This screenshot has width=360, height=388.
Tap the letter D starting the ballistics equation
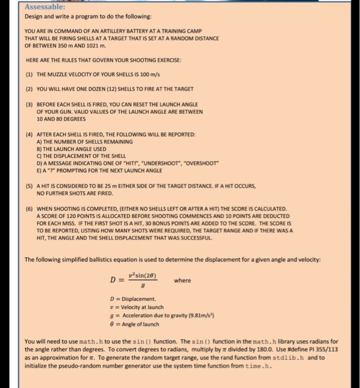(x=113, y=280)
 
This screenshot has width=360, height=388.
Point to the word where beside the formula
(x=182, y=280)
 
